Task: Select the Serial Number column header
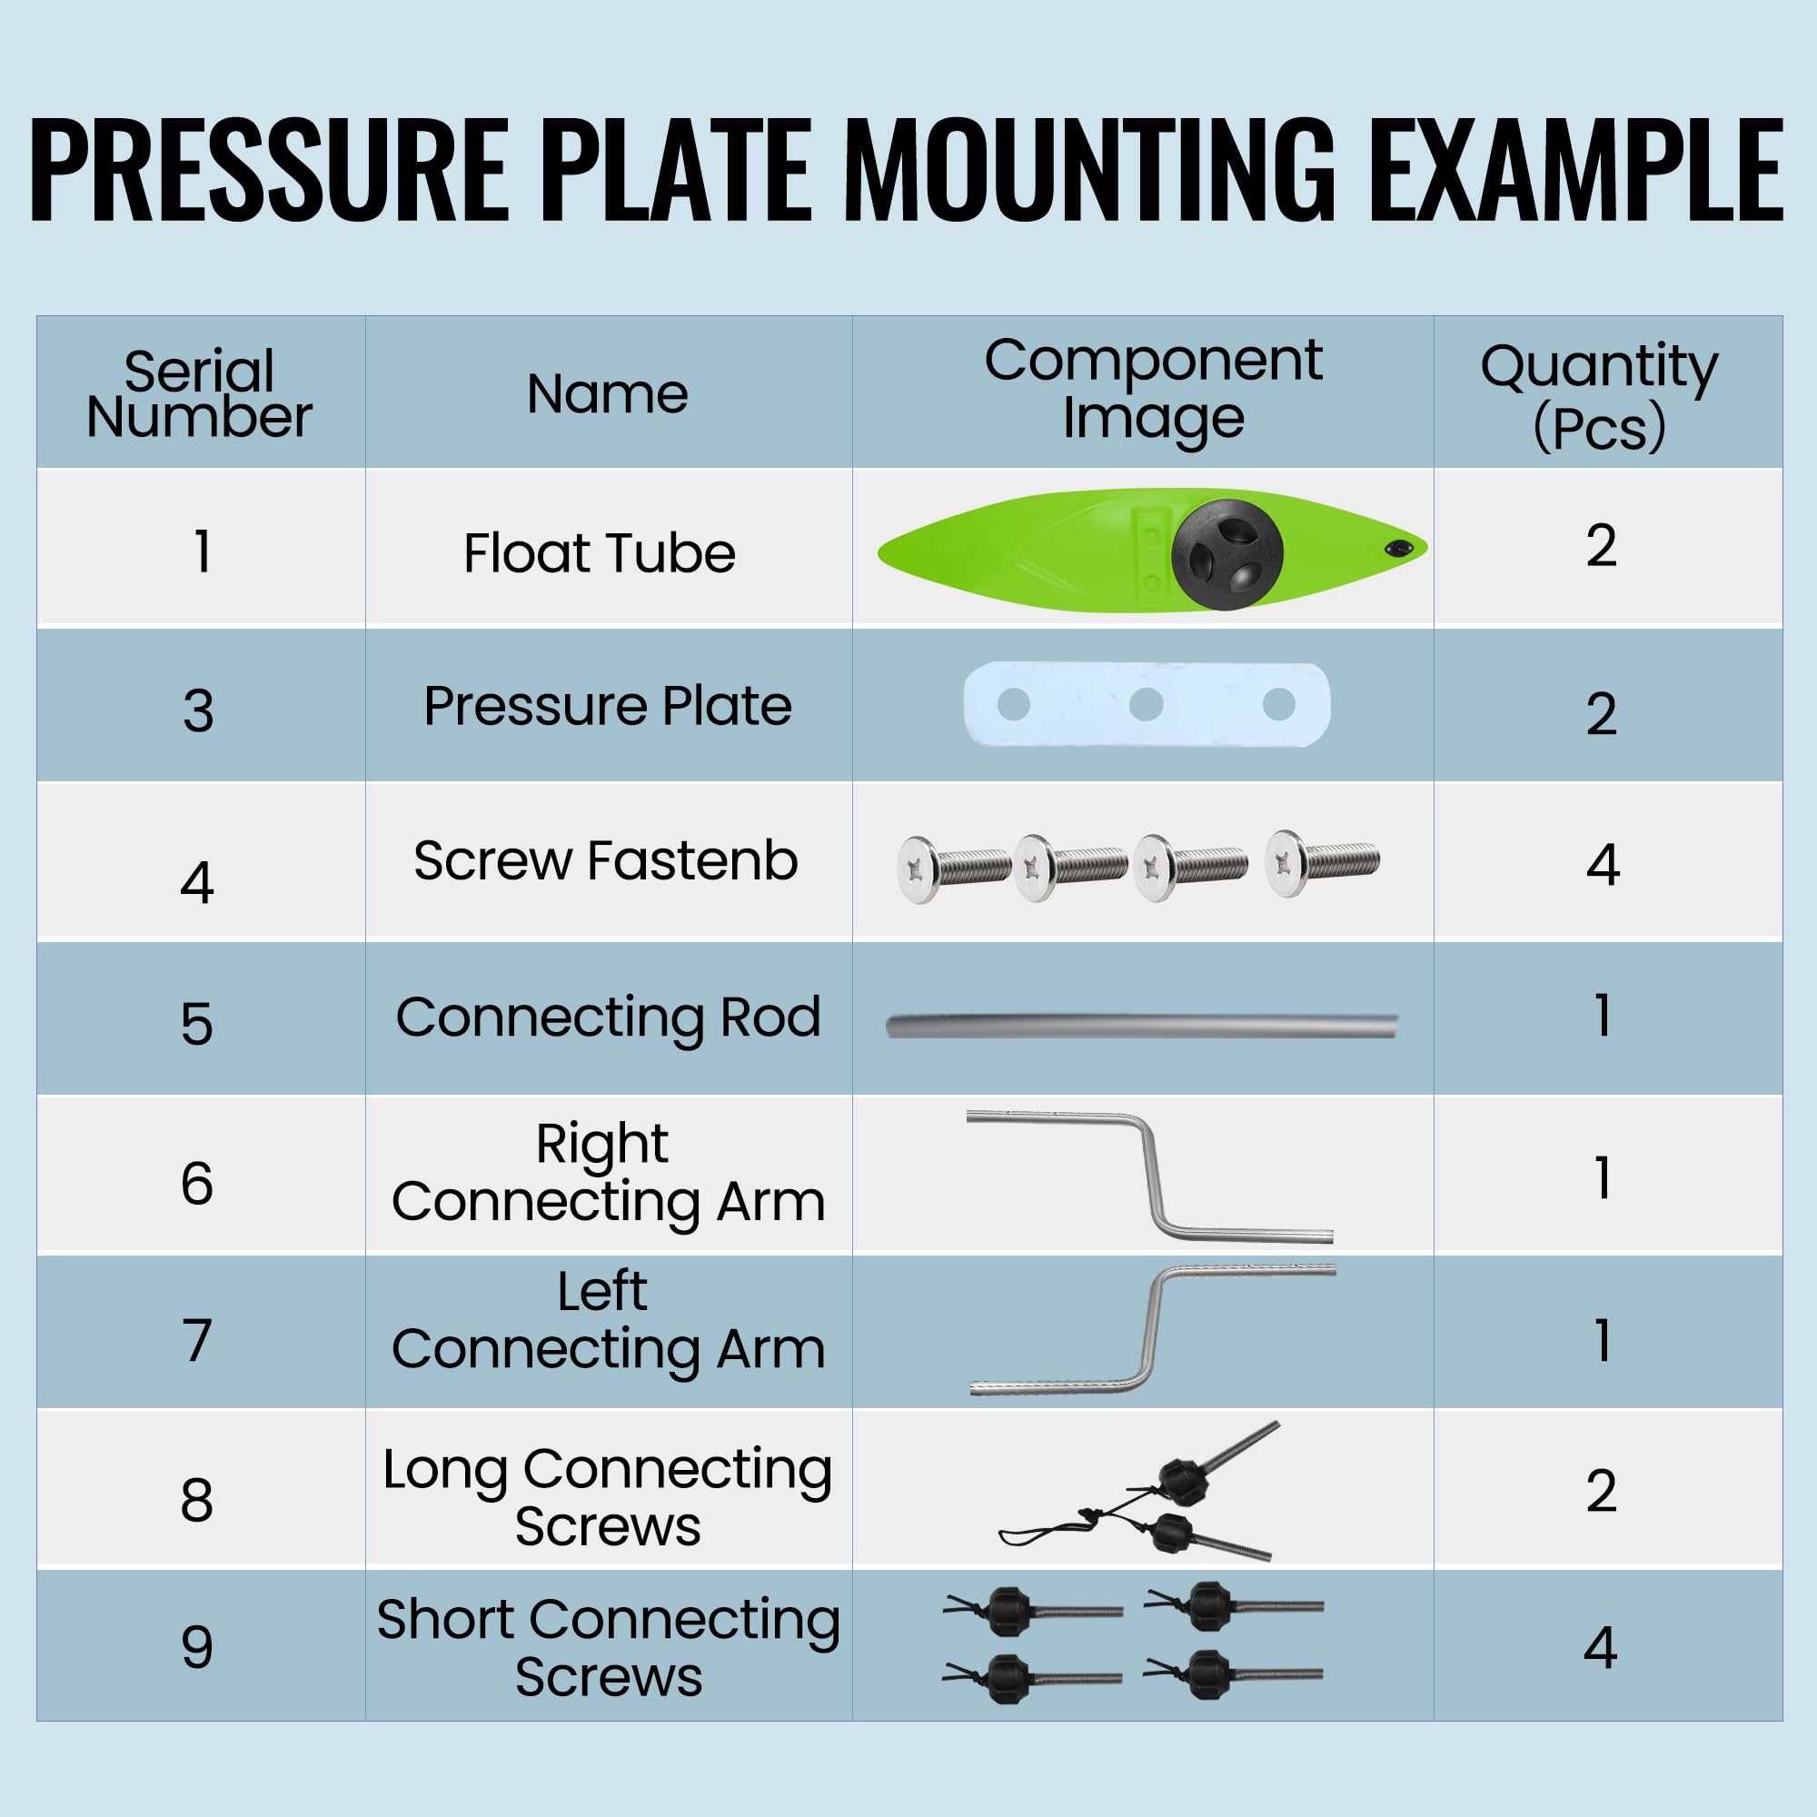(199, 393)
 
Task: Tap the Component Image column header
(1153, 388)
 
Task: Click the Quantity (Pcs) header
(1599, 396)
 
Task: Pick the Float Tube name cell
(599, 552)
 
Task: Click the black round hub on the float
(1227, 554)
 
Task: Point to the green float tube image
(1152, 551)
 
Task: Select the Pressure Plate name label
(608, 705)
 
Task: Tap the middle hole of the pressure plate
(1146, 704)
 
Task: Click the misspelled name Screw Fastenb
(606, 860)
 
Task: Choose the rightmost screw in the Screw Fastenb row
(1322, 861)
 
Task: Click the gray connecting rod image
(1142, 1025)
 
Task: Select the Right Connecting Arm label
(609, 1173)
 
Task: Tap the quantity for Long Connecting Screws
(1601, 1491)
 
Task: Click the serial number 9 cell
(197, 1647)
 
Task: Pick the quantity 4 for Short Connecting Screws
(1600, 1647)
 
